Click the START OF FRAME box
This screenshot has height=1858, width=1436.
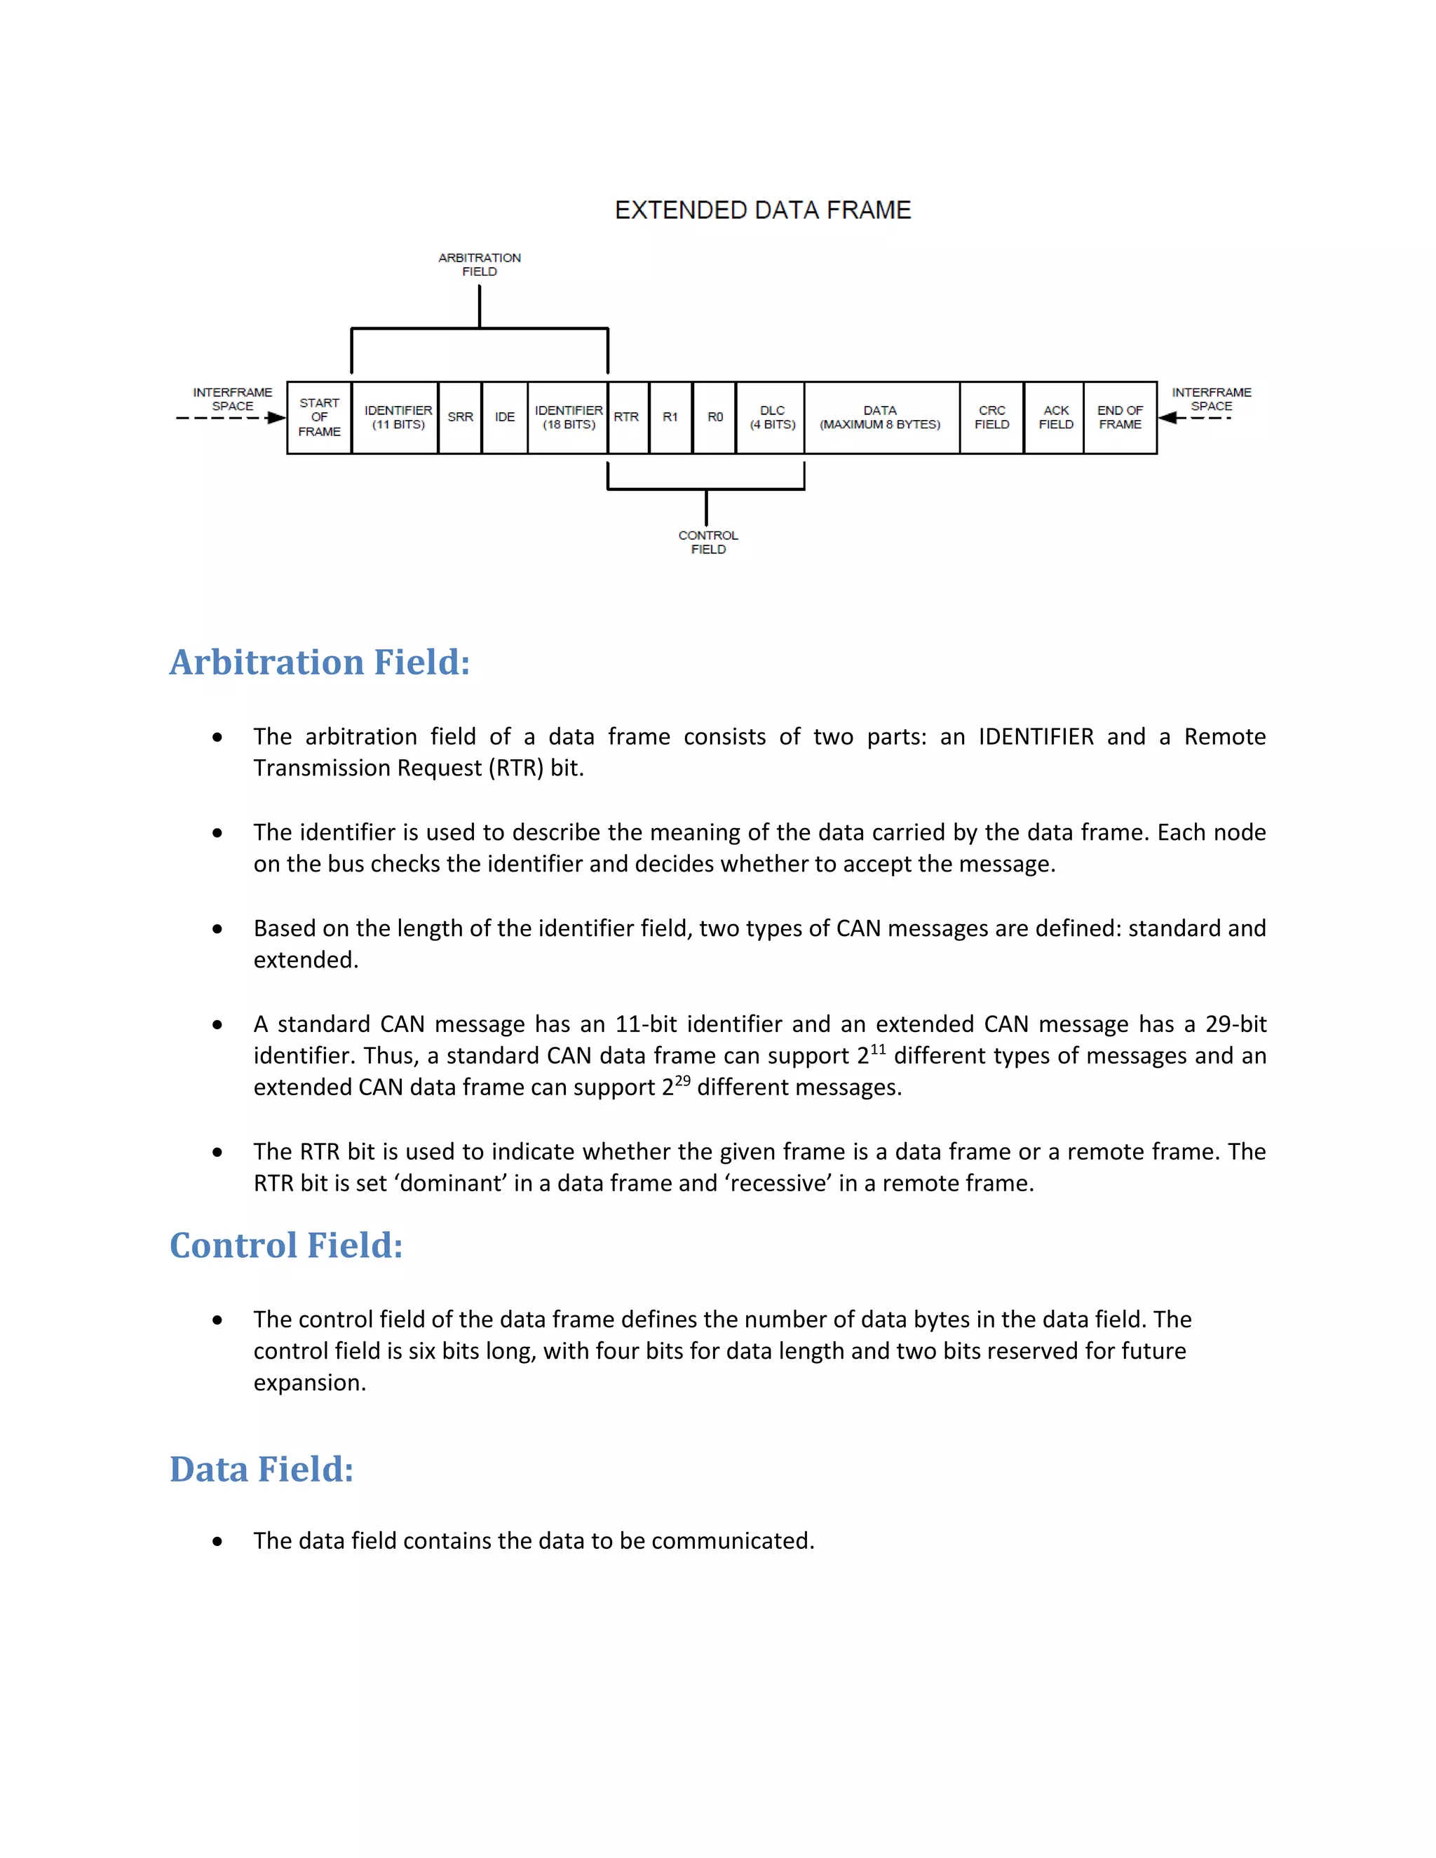coord(319,418)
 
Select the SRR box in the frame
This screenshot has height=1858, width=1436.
coord(460,418)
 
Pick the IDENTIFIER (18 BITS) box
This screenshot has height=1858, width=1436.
coord(568,418)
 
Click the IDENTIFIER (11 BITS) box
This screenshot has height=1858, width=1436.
coord(396,418)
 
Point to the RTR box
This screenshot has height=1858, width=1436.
coord(627,418)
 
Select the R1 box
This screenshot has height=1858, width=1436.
coord(670,418)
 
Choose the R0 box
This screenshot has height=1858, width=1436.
coord(714,418)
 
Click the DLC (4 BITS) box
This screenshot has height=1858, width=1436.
coord(771,418)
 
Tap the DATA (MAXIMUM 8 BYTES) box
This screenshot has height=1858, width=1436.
coord(881,418)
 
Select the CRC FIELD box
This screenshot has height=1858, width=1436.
coord(992,418)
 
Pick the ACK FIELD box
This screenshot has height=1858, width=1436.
coord(1055,418)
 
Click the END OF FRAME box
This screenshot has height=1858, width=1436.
coord(1120,418)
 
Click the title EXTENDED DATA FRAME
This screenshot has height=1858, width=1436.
coord(762,210)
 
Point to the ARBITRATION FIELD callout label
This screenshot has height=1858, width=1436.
coord(480,264)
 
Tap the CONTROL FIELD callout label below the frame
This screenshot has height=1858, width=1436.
coord(707,543)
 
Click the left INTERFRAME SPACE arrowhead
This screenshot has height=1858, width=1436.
coord(276,418)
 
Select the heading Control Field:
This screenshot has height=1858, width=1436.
coord(286,1245)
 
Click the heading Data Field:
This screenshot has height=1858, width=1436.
coord(261,1469)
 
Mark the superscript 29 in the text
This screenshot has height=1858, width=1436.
coord(682,1080)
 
